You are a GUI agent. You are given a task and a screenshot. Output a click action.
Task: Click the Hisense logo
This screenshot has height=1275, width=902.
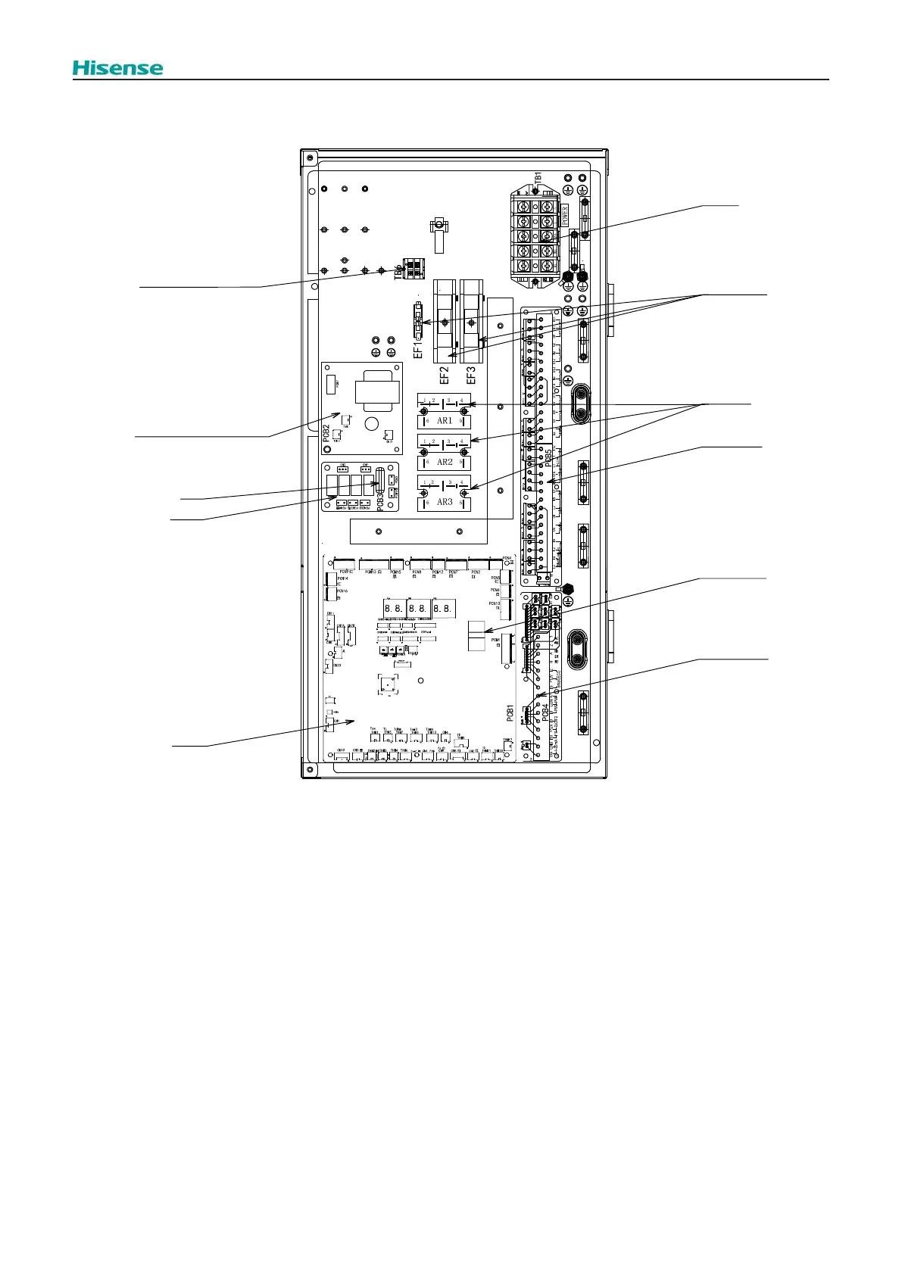117,68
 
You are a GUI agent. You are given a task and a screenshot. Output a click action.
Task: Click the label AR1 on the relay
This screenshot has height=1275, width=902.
445,421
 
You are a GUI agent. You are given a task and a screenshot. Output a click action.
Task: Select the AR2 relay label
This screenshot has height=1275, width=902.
445,462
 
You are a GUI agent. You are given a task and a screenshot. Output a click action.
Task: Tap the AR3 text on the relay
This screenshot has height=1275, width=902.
445,502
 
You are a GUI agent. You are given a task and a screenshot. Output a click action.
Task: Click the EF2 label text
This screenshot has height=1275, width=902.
445,373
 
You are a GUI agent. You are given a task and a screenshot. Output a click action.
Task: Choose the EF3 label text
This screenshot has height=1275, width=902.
471,373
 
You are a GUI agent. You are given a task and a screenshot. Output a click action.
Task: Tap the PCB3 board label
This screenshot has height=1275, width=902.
381,499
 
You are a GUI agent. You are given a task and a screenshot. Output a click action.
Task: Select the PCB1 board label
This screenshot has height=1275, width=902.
510,713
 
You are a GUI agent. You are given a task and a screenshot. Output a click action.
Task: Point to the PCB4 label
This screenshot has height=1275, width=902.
545,713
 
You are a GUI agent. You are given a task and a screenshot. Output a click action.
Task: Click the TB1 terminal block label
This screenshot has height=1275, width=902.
538,176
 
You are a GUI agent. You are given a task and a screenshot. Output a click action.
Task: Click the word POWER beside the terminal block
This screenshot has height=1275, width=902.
564,213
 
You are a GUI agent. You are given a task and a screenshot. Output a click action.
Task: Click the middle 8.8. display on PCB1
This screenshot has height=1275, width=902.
417,607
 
